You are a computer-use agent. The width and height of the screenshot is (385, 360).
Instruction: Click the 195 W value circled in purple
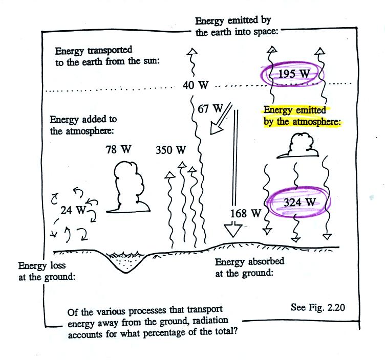pos(294,74)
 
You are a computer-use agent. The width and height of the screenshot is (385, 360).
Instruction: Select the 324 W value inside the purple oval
pos(300,202)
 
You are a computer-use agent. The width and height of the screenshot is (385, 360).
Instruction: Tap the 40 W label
pos(196,85)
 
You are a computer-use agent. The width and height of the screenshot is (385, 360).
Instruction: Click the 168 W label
pos(246,213)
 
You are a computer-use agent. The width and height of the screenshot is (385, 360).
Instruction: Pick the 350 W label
pos(171,150)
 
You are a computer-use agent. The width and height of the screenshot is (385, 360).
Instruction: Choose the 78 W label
pos(118,149)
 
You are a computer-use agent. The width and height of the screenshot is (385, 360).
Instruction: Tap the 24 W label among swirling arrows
pos(73,210)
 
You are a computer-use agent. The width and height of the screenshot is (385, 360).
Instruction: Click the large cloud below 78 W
pos(128,187)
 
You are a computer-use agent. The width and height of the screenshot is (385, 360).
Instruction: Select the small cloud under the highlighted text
pos(298,145)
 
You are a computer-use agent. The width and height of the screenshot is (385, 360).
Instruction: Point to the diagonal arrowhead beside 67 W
pos(216,128)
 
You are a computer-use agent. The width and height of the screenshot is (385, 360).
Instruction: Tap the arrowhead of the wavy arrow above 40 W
pos(192,52)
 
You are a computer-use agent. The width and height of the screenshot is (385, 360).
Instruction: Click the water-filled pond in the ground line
pos(126,261)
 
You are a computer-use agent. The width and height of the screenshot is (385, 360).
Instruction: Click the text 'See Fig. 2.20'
pos(318,307)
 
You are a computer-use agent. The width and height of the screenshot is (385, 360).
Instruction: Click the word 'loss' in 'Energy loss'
pos(58,265)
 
